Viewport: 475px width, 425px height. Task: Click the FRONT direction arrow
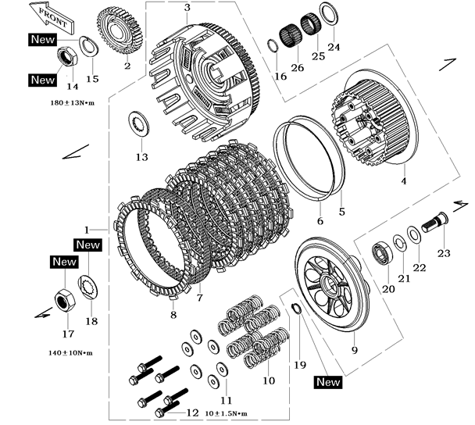[47, 15]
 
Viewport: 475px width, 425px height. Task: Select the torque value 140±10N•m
[70, 352]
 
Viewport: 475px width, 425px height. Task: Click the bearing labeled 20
[382, 252]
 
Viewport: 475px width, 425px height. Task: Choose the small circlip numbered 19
[297, 309]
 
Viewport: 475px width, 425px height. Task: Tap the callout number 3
[187, 7]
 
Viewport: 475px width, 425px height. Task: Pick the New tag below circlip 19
[328, 382]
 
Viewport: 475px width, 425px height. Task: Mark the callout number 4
[405, 180]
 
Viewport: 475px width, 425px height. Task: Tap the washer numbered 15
[87, 48]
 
